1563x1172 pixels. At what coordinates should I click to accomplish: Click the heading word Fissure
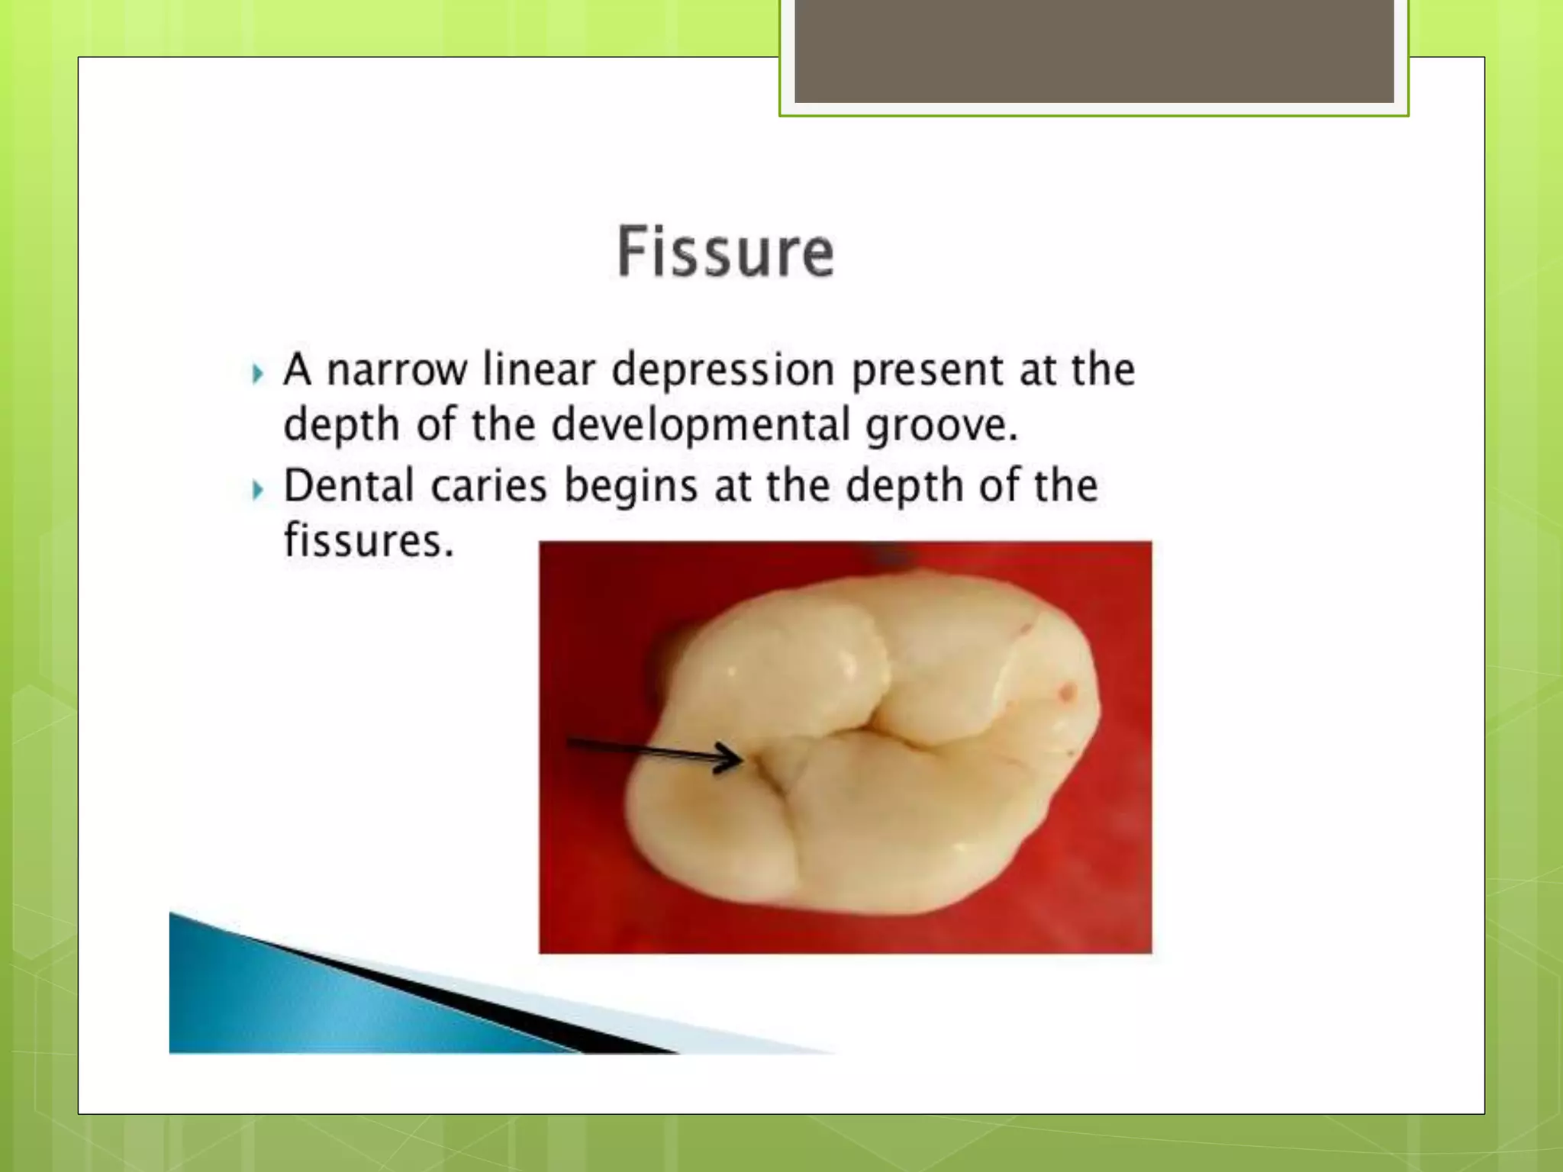725,252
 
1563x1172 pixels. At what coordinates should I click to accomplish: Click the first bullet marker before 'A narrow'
257,374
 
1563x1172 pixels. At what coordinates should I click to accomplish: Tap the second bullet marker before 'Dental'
257,489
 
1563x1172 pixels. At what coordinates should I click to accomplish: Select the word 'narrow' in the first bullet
396,371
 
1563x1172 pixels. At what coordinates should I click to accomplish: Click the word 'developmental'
700,426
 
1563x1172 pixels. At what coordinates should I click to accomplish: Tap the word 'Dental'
349,486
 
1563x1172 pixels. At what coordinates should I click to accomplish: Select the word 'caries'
488,487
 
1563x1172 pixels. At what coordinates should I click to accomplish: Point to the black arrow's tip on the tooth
740,758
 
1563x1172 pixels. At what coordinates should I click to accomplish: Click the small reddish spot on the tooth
1067,692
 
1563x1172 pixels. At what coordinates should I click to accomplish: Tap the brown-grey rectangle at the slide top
1094,50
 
